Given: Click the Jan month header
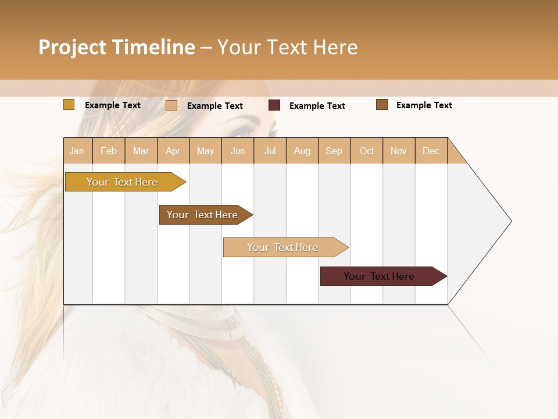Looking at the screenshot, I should pyautogui.click(x=77, y=151).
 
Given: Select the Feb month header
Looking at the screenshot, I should pyautogui.click(x=109, y=151).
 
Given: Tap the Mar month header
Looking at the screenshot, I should pyautogui.click(x=141, y=151).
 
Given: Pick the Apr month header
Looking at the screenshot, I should pyautogui.click(x=173, y=151).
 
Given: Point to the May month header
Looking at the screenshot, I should pyautogui.click(x=205, y=151).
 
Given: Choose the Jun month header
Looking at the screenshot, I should pyautogui.click(x=238, y=151).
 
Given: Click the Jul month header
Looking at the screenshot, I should pyautogui.click(x=270, y=151).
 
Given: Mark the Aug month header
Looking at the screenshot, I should pyautogui.click(x=302, y=151).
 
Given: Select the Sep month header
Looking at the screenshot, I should pyautogui.click(x=334, y=151).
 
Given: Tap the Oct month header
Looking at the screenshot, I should pyautogui.click(x=367, y=151).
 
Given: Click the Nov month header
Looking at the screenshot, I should pyautogui.click(x=399, y=151).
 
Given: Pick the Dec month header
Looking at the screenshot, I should pyautogui.click(x=431, y=151).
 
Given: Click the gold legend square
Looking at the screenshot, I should pyautogui.click(x=69, y=105).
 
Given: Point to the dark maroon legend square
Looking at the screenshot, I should pyautogui.click(x=274, y=105).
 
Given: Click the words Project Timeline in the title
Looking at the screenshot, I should pyautogui.click(x=117, y=47).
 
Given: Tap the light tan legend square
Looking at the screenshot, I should pyautogui.click(x=171, y=105).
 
